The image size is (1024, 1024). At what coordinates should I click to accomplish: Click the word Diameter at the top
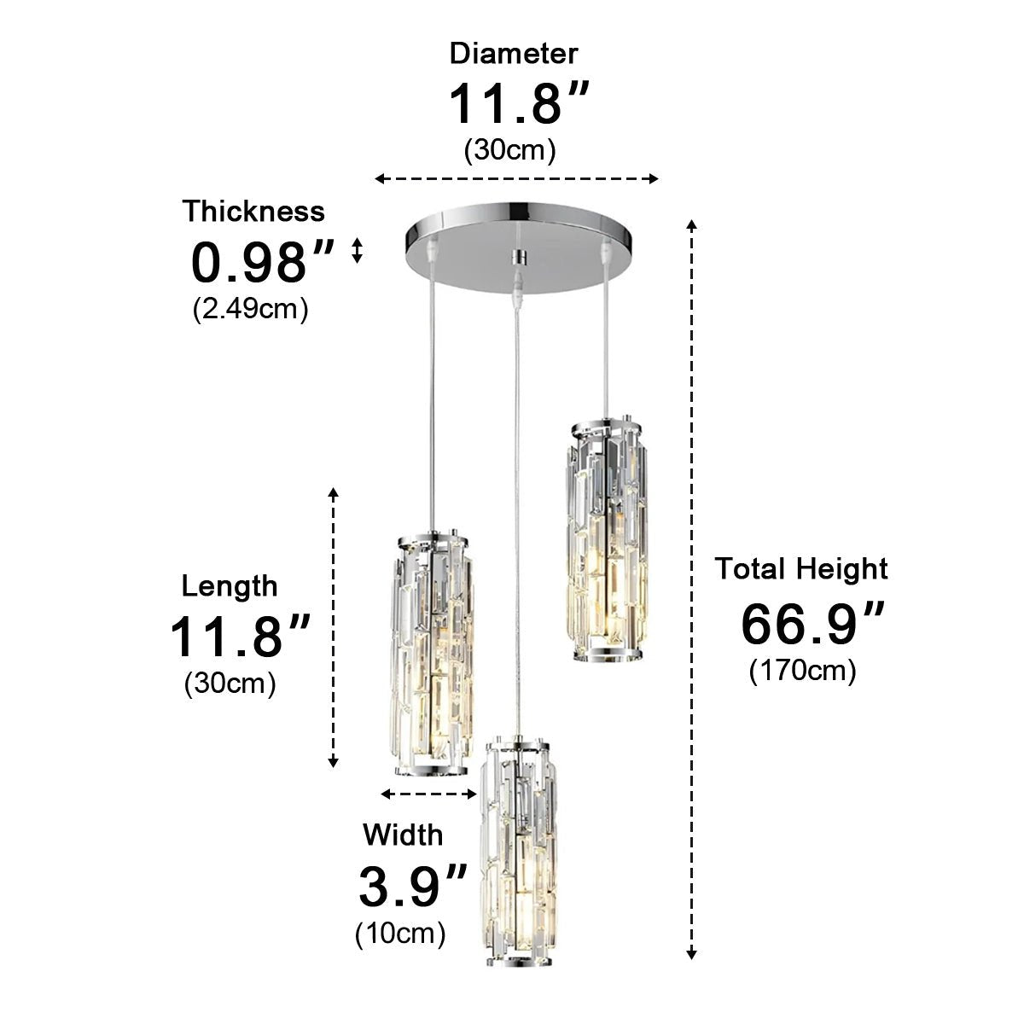tap(514, 54)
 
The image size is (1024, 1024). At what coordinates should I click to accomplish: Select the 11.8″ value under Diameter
tap(518, 103)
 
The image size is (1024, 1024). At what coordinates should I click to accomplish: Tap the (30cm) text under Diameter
tap(510, 150)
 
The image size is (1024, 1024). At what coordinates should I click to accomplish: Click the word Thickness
tap(253, 211)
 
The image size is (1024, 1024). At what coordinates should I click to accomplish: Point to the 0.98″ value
tap(260, 262)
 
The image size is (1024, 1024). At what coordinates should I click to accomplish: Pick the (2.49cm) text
tap(250, 308)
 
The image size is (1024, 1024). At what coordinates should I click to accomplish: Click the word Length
tap(230, 586)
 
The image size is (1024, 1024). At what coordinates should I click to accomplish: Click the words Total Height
tap(801, 568)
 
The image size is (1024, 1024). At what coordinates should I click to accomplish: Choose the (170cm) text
tap(802, 671)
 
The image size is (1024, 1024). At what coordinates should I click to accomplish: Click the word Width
tap(403, 834)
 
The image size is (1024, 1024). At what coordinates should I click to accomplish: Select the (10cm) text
tap(400, 934)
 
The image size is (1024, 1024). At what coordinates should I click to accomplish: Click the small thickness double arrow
tap(358, 250)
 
